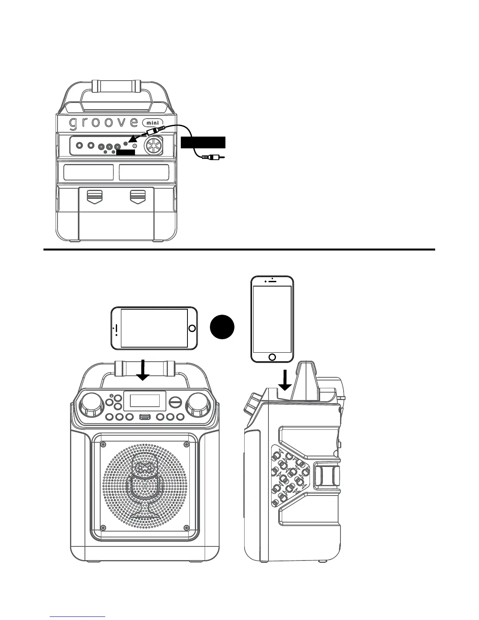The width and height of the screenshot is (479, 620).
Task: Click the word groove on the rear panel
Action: click(103, 123)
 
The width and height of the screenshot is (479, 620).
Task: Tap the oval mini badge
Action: click(153, 122)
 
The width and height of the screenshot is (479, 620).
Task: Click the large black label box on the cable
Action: click(203, 142)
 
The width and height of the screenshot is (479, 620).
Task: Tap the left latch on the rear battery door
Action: click(94, 195)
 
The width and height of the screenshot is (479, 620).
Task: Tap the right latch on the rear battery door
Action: click(137, 195)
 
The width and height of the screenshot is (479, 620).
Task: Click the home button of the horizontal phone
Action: click(191, 328)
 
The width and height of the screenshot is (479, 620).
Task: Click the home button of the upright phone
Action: click(272, 357)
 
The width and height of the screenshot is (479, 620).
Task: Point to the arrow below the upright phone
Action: click(285, 380)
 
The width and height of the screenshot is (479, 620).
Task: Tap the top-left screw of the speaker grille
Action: click(103, 444)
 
